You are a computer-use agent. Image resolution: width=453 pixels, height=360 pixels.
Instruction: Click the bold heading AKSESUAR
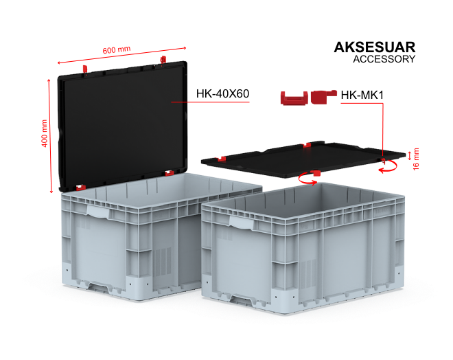[375, 47]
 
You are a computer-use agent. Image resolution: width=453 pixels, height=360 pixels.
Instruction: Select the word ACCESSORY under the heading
[384, 59]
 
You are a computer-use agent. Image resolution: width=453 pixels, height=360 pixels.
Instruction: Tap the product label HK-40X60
[222, 93]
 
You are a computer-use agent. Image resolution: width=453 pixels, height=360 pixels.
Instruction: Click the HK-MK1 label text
[362, 95]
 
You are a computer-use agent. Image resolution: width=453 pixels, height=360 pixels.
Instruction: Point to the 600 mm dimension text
[117, 49]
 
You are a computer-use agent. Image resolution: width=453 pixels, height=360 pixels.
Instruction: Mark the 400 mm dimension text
[45, 133]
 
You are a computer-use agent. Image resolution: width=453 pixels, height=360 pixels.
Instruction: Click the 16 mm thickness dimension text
[416, 159]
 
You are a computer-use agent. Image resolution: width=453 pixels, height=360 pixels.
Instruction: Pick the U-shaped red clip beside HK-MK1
[294, 98]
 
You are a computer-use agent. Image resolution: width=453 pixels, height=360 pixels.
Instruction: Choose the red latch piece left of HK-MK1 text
[323, 97]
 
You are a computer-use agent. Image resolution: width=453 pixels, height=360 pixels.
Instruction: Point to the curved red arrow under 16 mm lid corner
[388, 167]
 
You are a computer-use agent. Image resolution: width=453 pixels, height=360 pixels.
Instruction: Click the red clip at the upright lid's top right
[163, 60]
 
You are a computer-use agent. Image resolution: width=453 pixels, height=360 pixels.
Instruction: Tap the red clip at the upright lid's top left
[85, 69]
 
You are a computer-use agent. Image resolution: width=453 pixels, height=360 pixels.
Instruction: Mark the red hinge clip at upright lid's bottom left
[81, 188]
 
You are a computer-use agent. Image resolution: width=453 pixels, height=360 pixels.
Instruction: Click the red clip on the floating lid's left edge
[222, 159]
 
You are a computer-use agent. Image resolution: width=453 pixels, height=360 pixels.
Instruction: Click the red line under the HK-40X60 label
[210, 102]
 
